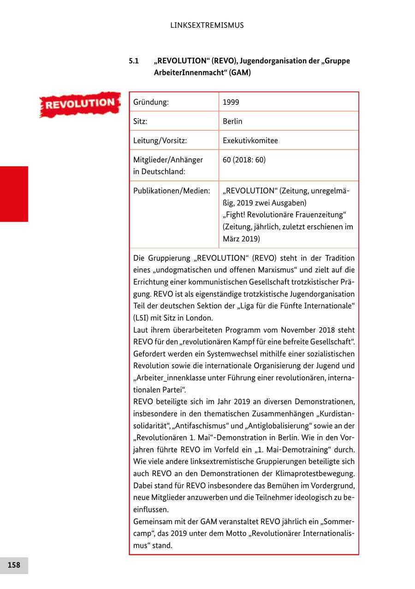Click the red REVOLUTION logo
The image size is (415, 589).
click(79, 104)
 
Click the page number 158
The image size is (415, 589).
click(14, 565)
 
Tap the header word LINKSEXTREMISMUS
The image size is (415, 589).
click(207, 25)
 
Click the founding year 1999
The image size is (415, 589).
click(231, 102)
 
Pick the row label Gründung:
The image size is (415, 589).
click(151, 102)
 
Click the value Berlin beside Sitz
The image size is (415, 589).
click(232, 121)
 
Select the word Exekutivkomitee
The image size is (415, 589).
click(250, 141)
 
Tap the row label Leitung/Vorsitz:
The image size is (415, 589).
click(160, 141)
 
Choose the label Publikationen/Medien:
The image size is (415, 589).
click(172, 191)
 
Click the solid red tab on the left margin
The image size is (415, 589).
click(14, 194)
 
